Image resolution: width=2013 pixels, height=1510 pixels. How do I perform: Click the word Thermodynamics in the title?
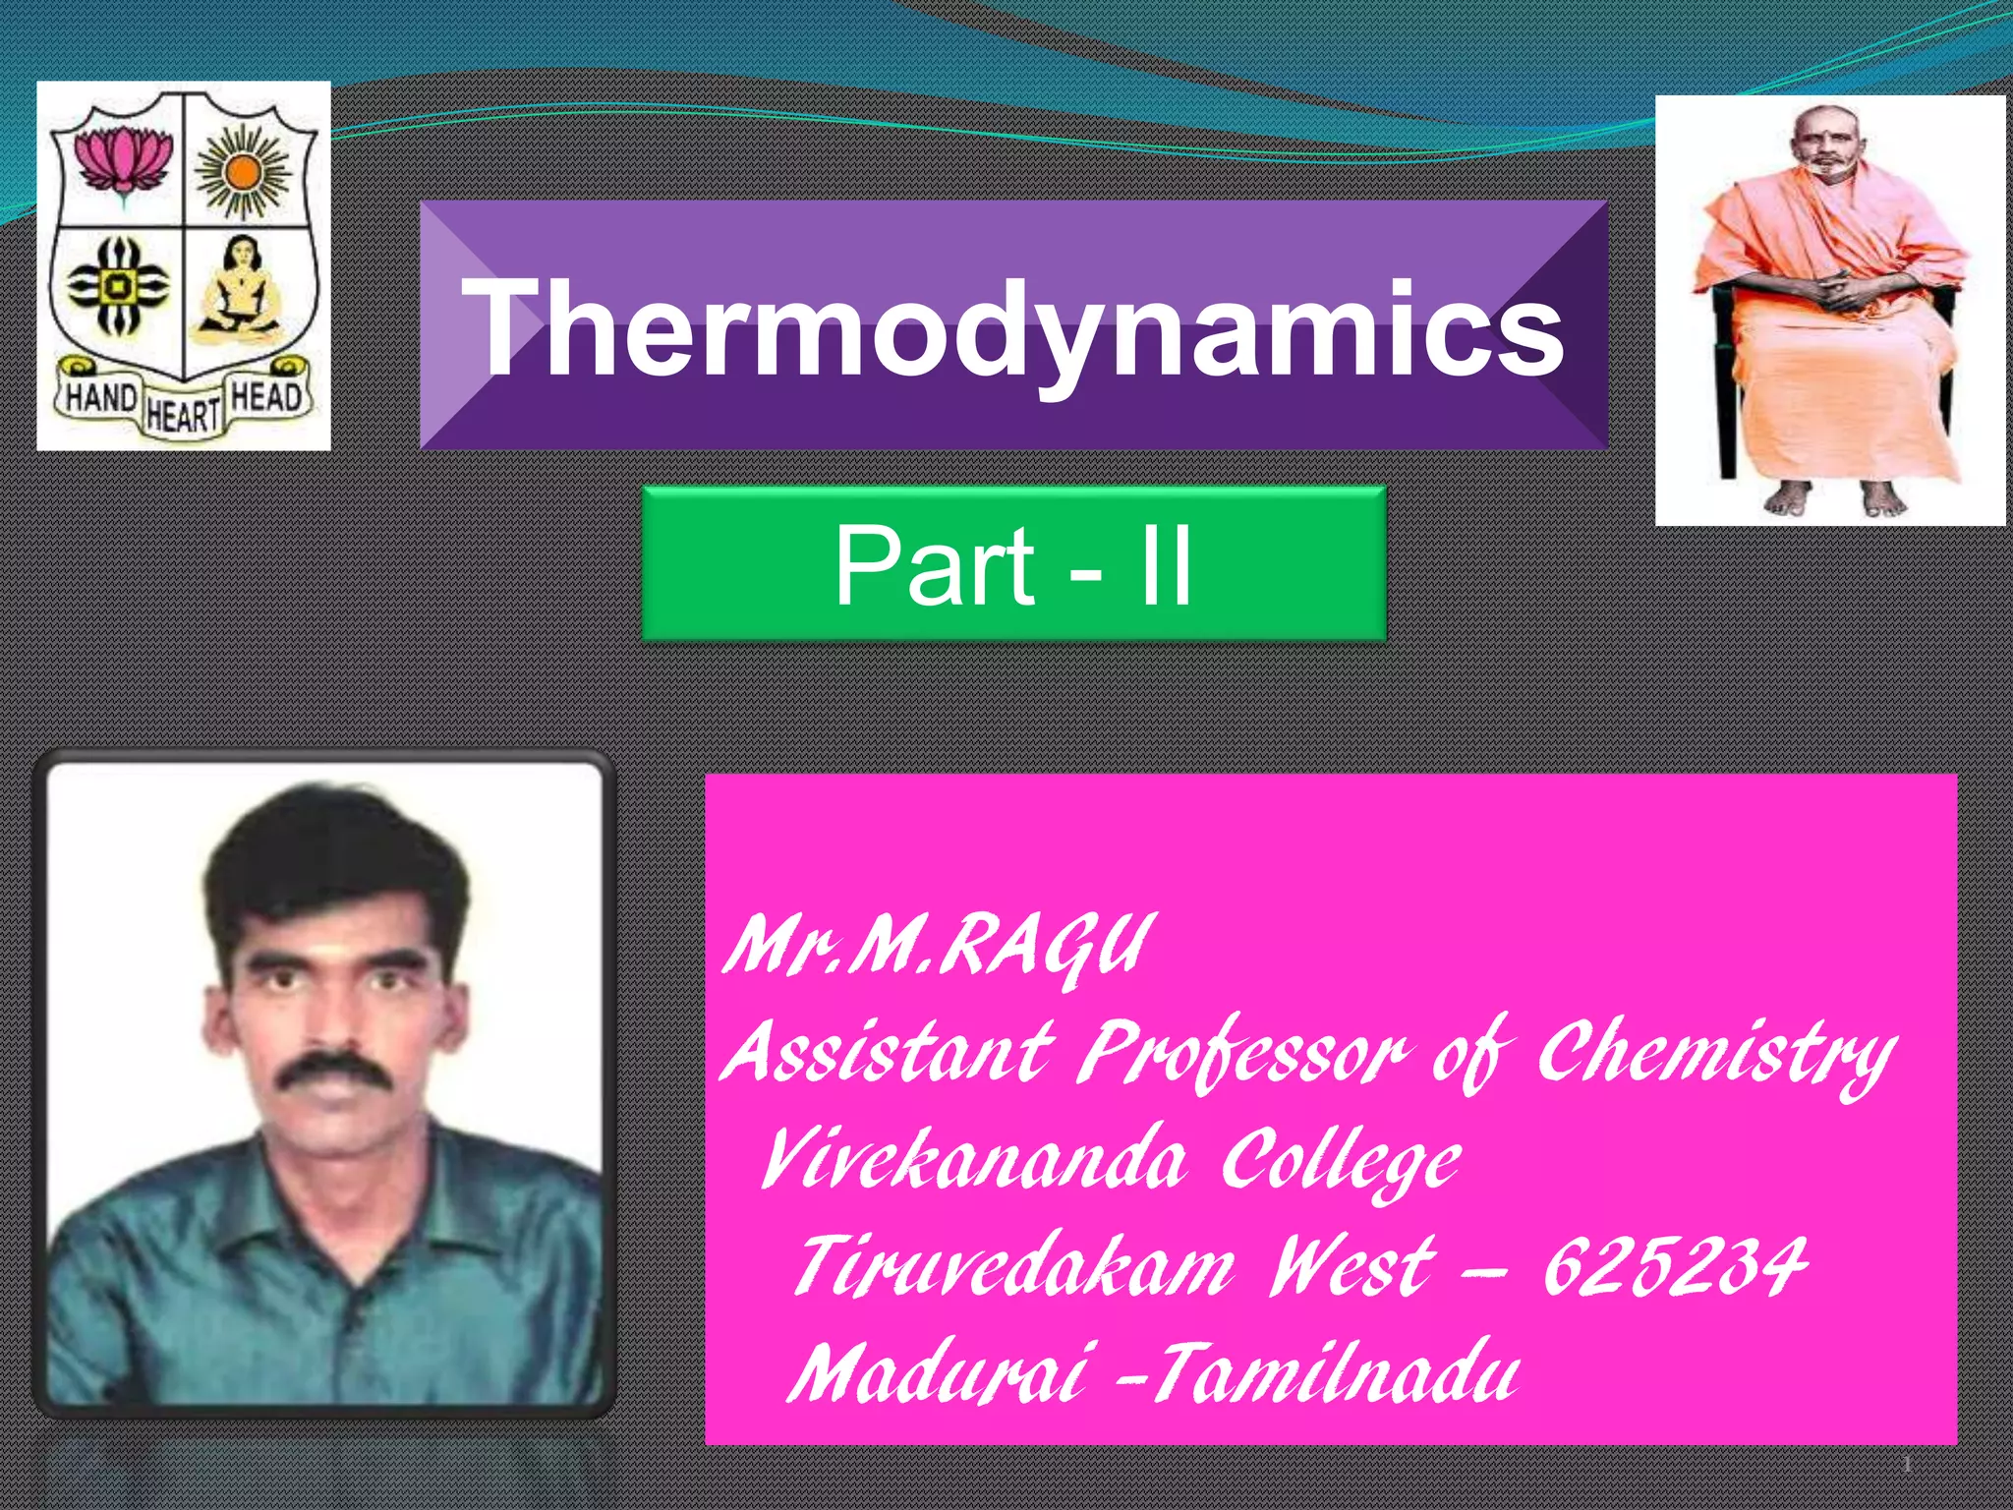pos(1017,326)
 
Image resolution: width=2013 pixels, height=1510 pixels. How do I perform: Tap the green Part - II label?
pos(1013,564)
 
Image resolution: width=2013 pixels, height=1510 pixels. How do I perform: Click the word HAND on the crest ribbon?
pos(100,399)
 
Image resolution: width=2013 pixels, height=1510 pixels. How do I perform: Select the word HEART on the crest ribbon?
pos(183,415)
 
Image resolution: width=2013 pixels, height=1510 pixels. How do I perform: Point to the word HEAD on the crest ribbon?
pos(264,397)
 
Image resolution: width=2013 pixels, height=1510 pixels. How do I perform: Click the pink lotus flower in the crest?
pos(123,159)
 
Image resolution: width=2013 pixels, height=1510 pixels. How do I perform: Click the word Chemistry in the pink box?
pos(1716,1054)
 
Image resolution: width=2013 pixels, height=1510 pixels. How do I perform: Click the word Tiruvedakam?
pos(1012,1266)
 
